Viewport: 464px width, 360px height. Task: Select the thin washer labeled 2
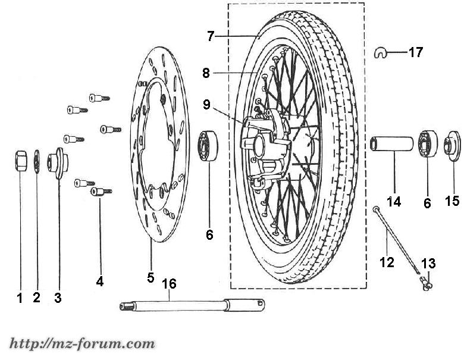(x=36, y=161)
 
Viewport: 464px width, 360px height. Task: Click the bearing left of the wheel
(x=208, y=145)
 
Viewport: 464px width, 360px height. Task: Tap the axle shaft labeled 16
(x=191, y=305)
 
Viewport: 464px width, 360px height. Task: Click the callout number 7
(x=211, y=36)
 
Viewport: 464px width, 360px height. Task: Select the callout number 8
(x=206, y=74)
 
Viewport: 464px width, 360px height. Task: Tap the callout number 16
(x=170, y=284)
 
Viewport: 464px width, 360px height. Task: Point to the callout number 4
(x=100, y=281)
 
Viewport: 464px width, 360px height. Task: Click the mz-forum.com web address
(x=81, y=344)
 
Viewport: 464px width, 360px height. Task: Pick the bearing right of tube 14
(x=427, y=145)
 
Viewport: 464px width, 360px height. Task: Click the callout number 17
(x=415, y=52)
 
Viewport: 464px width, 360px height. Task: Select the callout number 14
(x=394, y=202)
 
